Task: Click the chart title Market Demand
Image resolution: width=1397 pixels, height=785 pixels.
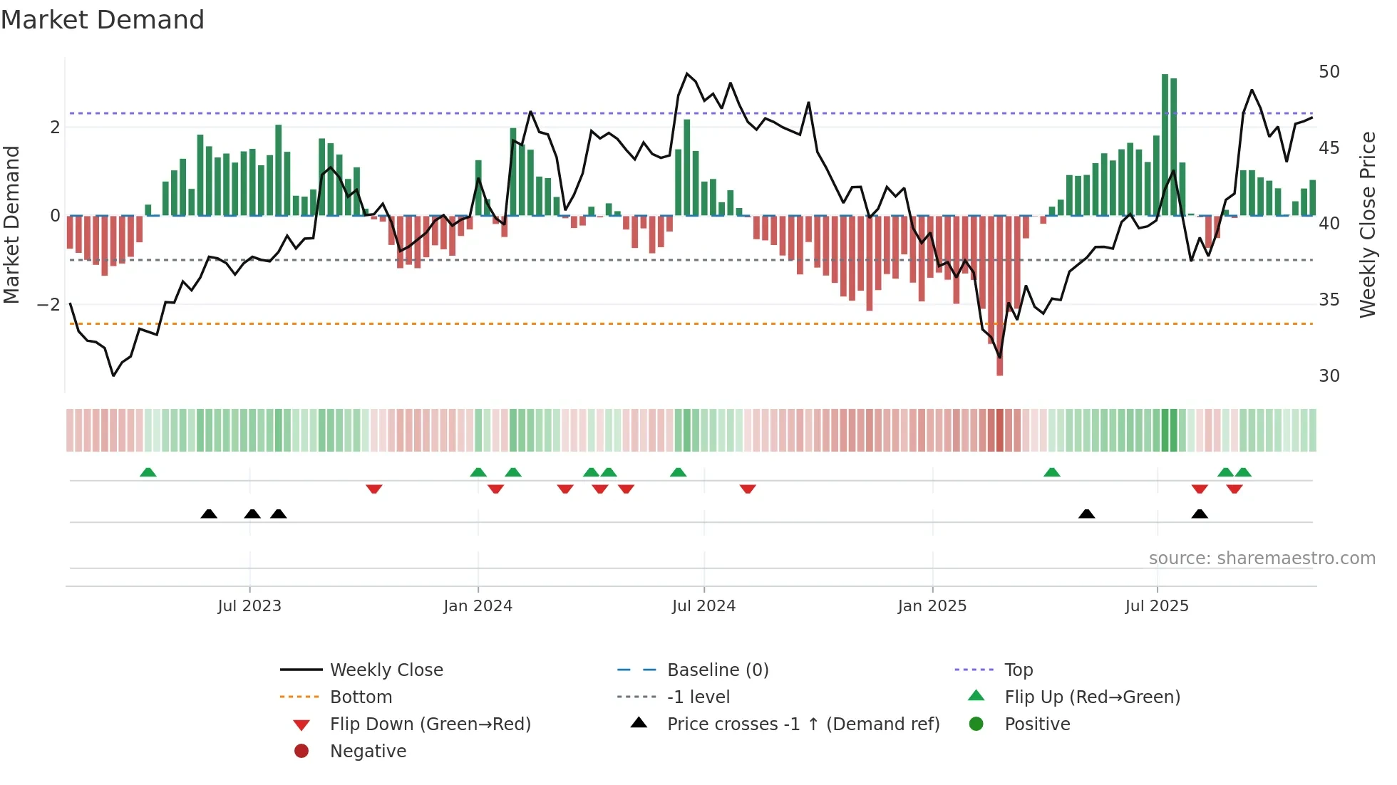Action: coord(103,20)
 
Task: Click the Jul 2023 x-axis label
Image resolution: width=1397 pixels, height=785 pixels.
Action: coord(249,606)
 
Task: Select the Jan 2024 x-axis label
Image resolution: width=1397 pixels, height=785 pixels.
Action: coord(478,606)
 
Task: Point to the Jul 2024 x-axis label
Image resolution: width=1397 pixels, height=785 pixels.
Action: coord(703,606)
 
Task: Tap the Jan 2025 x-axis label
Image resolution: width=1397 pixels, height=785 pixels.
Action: coord(932,606)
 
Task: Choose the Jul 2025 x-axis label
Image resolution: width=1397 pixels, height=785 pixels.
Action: coord(1157,606)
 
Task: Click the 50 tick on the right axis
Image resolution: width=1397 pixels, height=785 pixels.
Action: coord(1329,72)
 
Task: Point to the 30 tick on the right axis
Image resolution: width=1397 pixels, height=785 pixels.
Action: coord(1329,375)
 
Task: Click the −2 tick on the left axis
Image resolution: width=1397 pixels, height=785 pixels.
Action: coord(48,304)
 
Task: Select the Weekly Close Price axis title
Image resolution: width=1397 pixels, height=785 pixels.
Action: coord(1367,224)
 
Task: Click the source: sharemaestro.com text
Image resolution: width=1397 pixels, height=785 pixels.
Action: coord(1262,558)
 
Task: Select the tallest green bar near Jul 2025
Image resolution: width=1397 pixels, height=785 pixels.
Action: coord(1165,142)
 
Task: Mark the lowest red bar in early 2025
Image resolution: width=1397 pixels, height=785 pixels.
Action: coord(999,299)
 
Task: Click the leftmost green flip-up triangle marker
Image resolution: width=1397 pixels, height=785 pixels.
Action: coord(148,472)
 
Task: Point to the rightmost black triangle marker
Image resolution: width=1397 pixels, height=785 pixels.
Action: coord(1200,514)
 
